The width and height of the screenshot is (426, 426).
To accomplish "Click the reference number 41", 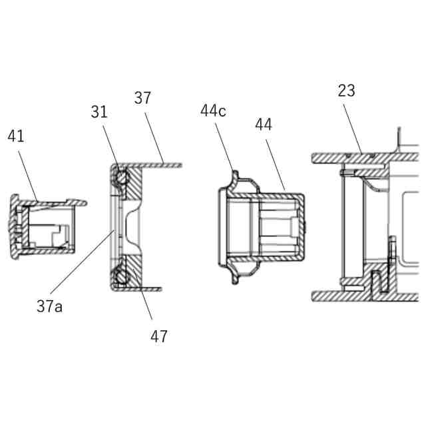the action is [16, 136].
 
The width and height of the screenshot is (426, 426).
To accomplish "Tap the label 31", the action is [99, 112].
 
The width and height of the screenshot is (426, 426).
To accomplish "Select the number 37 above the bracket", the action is [142, 98].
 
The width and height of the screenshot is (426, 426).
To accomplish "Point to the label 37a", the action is [50, 306].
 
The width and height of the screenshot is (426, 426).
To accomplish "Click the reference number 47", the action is [159, 336].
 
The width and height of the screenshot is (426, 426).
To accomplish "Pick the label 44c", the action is [213, 110].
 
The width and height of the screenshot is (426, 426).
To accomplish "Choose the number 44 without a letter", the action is [264, 124].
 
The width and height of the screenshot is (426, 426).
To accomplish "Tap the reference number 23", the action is [346, 91].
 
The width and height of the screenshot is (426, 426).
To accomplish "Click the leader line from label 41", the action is [28, 176].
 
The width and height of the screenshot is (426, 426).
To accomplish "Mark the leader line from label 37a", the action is [83, 262].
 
